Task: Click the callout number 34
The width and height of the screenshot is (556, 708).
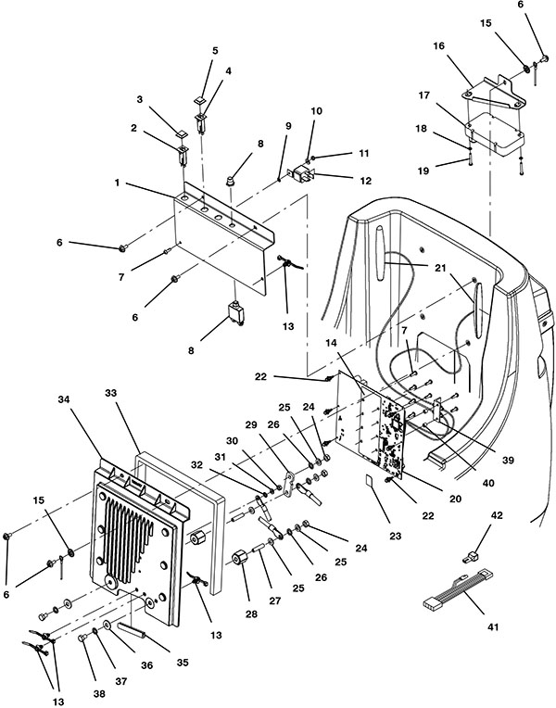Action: [65, 399]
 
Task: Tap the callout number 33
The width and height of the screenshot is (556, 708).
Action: [110, 393]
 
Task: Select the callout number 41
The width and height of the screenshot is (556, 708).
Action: [493, 626]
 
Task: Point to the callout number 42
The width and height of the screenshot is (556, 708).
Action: [497, 515]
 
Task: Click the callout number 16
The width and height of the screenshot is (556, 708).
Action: [438, 45]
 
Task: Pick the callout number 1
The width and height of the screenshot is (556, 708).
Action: [117, 183]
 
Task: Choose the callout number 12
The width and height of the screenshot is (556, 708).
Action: [365, 181]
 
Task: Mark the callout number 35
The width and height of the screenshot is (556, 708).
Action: [182, 663]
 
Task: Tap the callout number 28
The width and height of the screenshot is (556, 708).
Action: [251, 613]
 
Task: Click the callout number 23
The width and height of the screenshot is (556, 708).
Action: [395, 536]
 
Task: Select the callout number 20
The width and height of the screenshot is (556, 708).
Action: [455, 499]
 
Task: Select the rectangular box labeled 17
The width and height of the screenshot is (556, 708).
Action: [495, 130]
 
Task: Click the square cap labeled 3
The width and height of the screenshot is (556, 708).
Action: [182, 133]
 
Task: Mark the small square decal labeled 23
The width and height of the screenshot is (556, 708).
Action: [370, 480]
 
